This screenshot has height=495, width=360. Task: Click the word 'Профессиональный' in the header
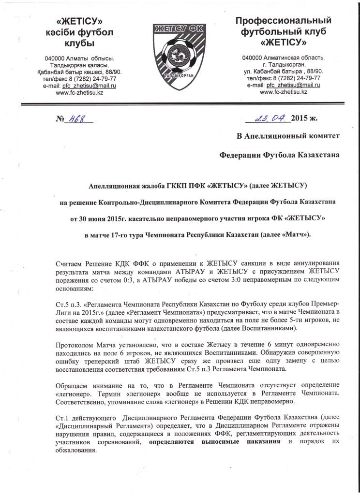(x=283, y=21)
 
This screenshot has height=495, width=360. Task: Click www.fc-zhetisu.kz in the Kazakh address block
(x=79, y=92)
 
